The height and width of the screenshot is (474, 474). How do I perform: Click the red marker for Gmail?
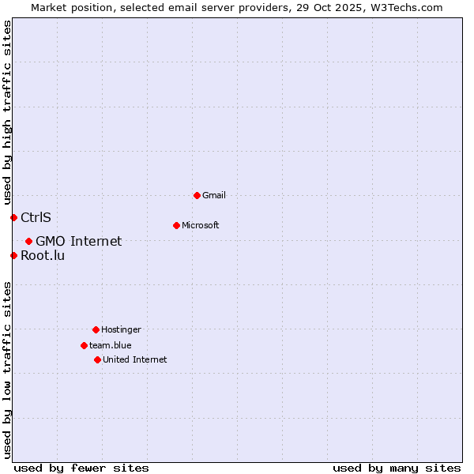(197, 195)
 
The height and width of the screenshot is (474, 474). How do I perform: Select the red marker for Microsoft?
(176, 225)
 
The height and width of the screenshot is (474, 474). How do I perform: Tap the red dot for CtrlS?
(13, 217)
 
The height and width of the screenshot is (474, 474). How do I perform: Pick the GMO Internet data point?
(28, 241)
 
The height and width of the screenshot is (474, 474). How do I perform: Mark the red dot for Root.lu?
(13, 255)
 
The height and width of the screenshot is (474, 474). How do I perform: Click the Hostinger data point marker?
(96, 329)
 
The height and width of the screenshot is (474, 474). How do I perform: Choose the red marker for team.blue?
(84, 345)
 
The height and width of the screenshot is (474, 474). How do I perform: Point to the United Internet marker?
(97, 359)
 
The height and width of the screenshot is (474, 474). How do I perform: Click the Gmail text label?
(214, 195)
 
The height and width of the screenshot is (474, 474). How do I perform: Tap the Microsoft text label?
(201, 225)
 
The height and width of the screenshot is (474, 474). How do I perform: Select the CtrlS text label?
(36, 217)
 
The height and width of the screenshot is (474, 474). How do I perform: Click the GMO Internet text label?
(79, 241)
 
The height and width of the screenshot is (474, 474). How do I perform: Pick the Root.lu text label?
(43, 255)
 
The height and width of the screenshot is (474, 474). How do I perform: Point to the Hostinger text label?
(121, 329)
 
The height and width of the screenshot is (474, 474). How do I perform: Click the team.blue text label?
(111, 345)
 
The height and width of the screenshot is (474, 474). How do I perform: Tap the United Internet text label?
(135, 359)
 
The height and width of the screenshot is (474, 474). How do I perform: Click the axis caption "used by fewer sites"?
(81, 468)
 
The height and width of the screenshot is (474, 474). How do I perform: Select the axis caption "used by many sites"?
(397, 468)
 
